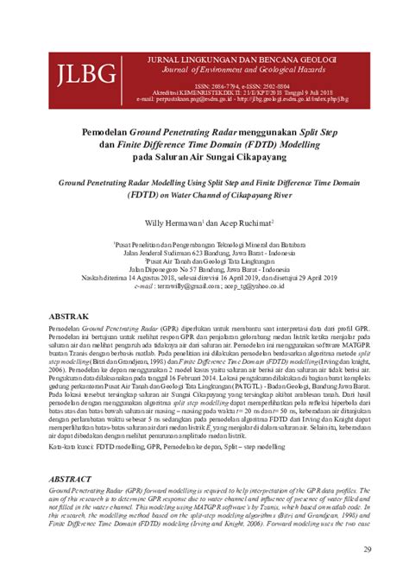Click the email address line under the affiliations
tap(204, 286)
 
